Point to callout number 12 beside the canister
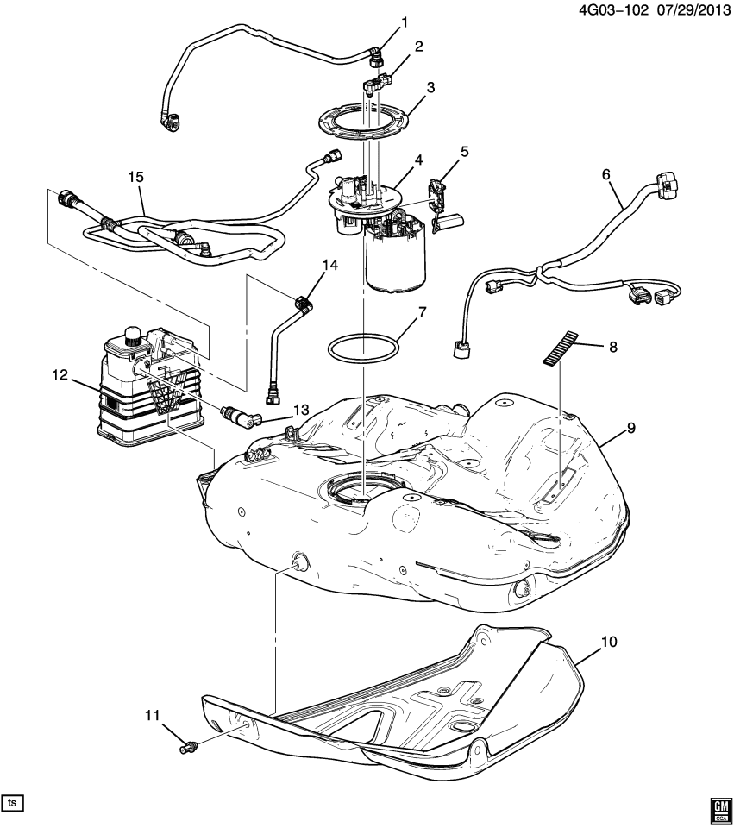[x=58, y=374]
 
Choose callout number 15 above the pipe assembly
[x=135, y=177]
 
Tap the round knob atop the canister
[x=132, y=334]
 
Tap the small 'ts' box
[x=12, y=802]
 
